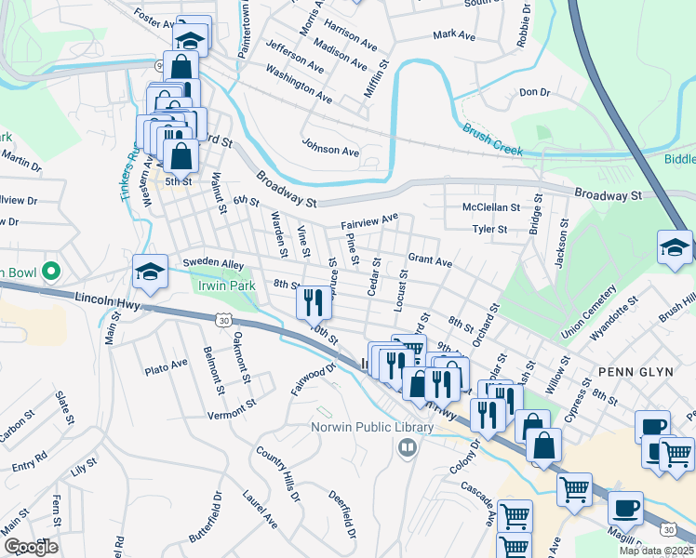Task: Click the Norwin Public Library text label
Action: click(x=372, y=428)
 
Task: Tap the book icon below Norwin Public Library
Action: click(x=406, y=449)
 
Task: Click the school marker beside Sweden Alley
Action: click(x=149, y=272)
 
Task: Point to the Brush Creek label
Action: click(x=492, y=140)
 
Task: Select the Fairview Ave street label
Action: click(x=369, y=220)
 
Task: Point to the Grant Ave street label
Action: click(x=430, y=259)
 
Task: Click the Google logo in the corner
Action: click(x=30, y=547)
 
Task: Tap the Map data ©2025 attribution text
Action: click(x=656, y=551)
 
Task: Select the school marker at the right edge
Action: click(x=675, y=247)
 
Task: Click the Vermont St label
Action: click(x=231, y=410)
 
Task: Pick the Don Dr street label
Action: click(x=535, y=92)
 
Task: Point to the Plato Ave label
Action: click(x=167, y=368)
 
